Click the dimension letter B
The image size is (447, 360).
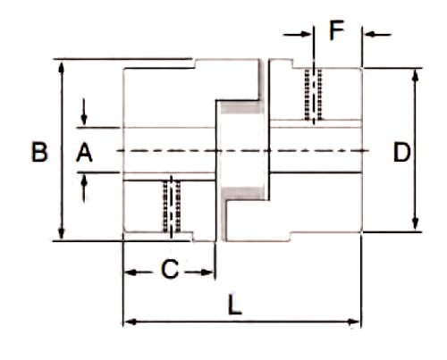pos(39,152)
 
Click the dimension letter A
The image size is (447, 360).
pos(84,152)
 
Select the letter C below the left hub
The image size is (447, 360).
pos(170,269)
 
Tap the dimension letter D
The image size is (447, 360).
pos(401,152)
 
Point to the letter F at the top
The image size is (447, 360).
pos(337,30)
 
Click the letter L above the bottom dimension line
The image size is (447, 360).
pos(234,305)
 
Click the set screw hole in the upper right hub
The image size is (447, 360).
pos(314,95)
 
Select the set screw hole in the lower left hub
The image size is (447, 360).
pos(172,206)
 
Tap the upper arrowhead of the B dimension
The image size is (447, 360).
pos(62,67)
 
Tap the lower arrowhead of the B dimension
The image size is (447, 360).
pos(62,233)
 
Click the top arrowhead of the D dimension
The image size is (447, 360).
pos(415,75)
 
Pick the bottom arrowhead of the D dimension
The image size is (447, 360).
pos(415,223)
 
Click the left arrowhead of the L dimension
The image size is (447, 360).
pos(130,322)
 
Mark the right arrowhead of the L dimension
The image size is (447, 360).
pos(354,322)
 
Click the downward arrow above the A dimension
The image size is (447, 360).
pos(84,112)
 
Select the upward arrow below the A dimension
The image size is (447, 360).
pos(84,188)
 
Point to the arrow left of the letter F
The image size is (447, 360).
pos(297,34)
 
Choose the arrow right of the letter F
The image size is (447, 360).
pos(377,35)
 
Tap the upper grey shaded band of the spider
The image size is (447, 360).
pos(242,107)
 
